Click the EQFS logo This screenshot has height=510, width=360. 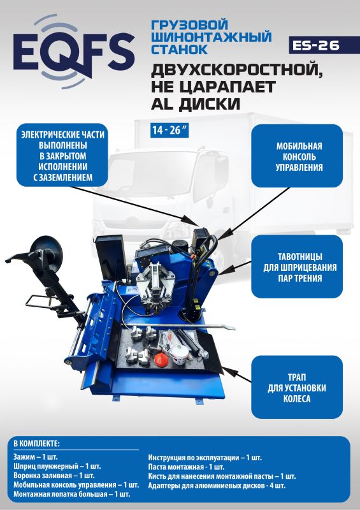(74, 52)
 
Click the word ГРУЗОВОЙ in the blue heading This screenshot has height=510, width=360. (190, 25)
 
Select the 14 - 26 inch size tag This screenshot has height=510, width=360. (169, 130)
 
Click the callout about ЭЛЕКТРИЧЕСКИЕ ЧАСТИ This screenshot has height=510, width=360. (62, 156)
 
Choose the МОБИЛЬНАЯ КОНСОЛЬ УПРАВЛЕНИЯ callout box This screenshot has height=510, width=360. (297, 156)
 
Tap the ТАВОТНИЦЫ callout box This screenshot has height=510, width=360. (297, 266)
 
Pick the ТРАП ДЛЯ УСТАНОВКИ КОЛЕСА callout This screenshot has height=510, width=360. (297, 387)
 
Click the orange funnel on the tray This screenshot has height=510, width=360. (162, 358)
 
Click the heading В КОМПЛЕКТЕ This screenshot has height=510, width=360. (36, 443)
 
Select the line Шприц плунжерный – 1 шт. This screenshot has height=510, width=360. (57, 466)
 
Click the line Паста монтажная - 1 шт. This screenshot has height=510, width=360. (186, 467)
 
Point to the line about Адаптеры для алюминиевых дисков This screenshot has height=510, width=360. (217, 486)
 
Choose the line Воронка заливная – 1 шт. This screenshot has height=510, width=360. (54, 475)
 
